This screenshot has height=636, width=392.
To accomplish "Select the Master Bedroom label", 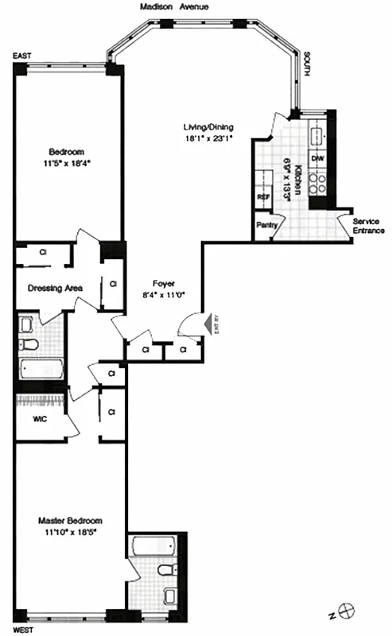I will pyautogui.click(x=70, y=521).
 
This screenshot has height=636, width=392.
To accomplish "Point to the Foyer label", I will pyautogui.click(x=165, y=283).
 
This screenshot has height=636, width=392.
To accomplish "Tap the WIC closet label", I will pyautogui.click(x=41, y=419).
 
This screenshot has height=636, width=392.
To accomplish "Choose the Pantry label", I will pyautogui.click(x=266, y=225).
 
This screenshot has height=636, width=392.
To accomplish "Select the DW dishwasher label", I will pyautogui.click(x=316, y=159).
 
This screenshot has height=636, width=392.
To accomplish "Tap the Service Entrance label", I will pyautogui.click(x=368, y=226).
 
